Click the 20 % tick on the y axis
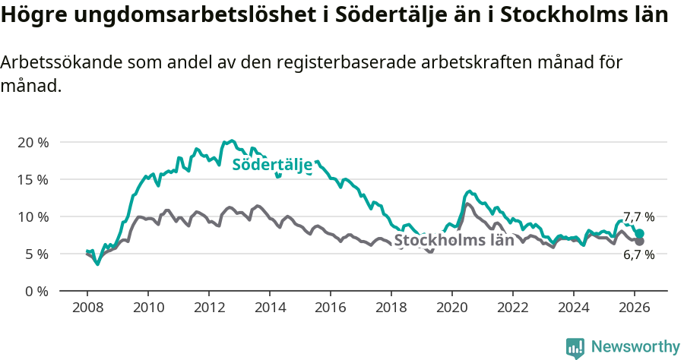point(33,143)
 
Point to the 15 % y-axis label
point(33,180)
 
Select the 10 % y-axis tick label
point(33,217)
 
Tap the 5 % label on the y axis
point(36,254)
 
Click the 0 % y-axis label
point(36,291)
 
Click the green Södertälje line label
point(272,165)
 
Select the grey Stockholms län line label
point(454,241)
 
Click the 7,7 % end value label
point(639,217)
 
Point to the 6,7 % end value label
point(639,255)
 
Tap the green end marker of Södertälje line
point(639,234)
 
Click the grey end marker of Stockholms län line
point(639,241)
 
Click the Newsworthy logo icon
point(575,347)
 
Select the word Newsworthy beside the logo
point(635,347)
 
